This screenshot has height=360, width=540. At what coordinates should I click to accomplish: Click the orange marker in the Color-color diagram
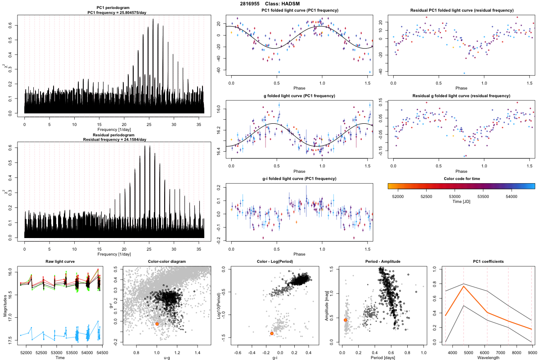[x=157, y=324]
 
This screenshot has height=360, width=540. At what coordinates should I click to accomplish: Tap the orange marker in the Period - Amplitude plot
[x=345, y=320]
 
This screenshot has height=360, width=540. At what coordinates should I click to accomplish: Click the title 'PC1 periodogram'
[x=115, y=9]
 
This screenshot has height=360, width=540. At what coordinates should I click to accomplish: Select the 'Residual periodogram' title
[x=115, y=135]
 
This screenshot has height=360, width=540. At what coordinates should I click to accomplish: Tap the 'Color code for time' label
[x=461, y=179]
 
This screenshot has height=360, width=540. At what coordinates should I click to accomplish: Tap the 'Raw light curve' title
[x=60, y=262]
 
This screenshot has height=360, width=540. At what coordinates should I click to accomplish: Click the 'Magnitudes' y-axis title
[x=4, y=306]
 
